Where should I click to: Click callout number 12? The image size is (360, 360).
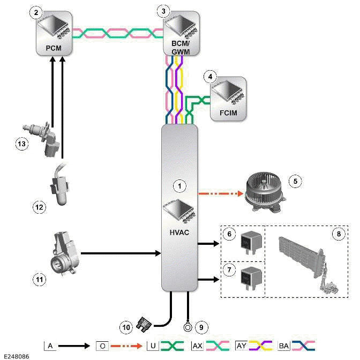[38, 207]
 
